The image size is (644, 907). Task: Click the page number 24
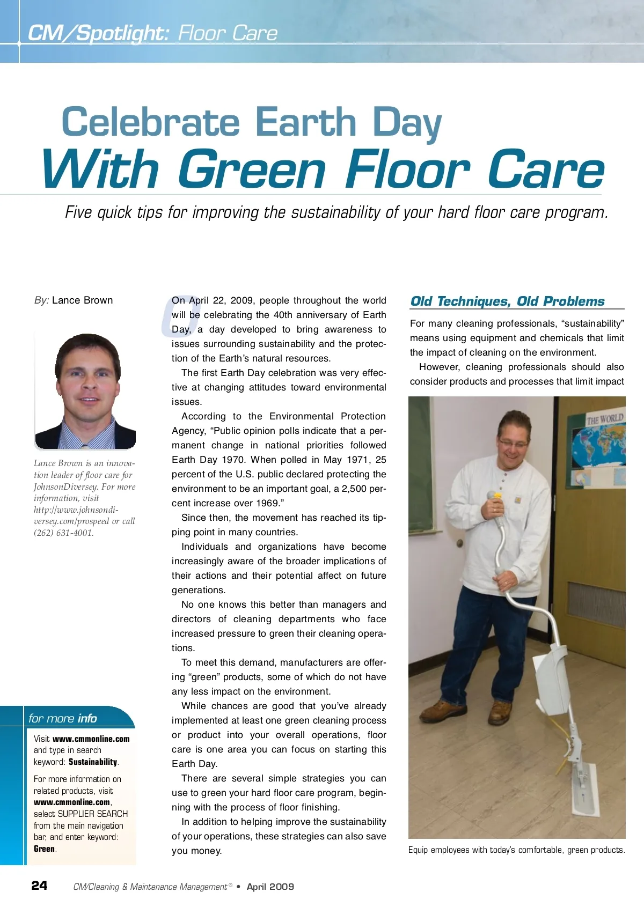(x=39, y=886)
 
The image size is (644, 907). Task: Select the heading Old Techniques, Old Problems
(x=507, y=301)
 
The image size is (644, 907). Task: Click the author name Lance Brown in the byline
(x=82, y=300)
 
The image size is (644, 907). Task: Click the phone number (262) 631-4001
(x=63, y=533)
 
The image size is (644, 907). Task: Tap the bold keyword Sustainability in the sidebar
(x=93, y=762)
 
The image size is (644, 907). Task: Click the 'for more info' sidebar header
(x=63, y=718)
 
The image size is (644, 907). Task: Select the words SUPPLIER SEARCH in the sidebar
(x=92, y=814)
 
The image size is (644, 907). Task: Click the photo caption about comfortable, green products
(x=516, y=850)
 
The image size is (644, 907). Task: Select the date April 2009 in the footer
(x=270, y=887)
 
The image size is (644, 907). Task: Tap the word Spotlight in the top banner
(x=122, y=33)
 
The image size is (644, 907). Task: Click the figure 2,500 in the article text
(x=351, y=489)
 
